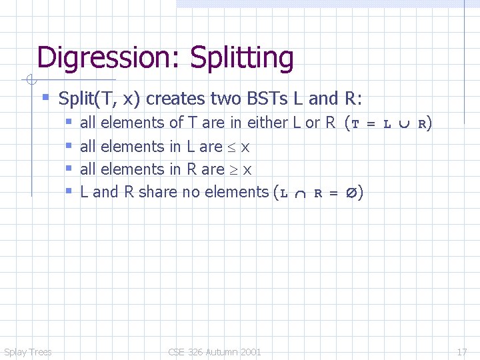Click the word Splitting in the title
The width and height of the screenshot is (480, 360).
pyautogui.click(x=242, y=58)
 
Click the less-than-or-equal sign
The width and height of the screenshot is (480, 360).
pyautogui.click(x=232, y=147)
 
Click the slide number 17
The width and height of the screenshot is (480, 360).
pyautogui.click(x=461, y=351)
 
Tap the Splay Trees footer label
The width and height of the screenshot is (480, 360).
pyautogui.click(x=27, y=351)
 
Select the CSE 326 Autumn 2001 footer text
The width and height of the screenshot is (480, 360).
pyautogui.click(x=215, y=351)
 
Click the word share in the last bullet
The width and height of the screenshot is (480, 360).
pyautogui.click(x=157, y=192)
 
